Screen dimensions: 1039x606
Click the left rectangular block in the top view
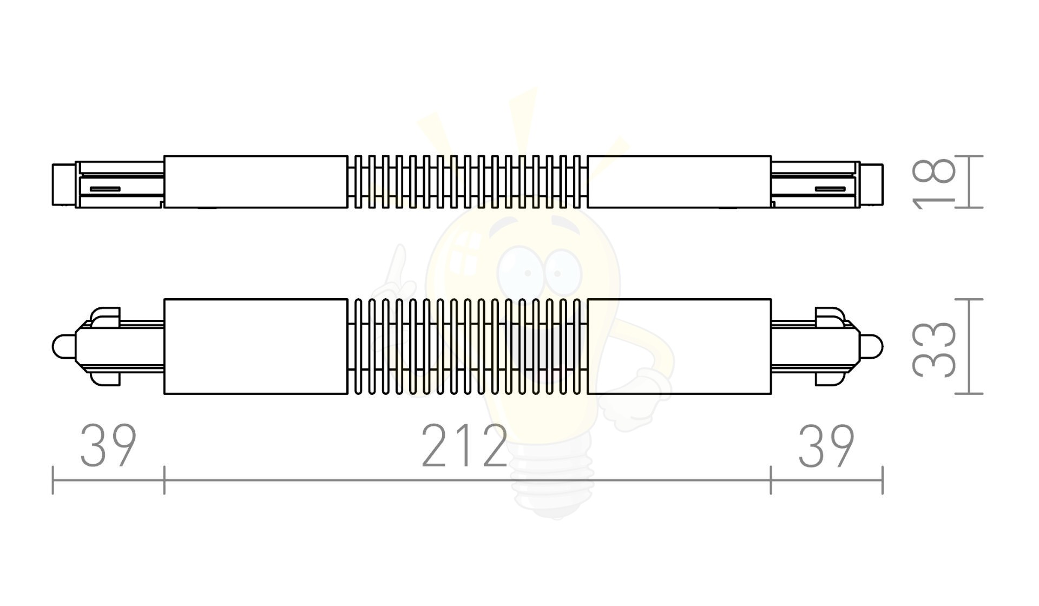coord(255,182)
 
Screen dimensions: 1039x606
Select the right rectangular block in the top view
coord(679,182)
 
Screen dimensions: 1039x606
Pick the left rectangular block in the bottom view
coord(255,346)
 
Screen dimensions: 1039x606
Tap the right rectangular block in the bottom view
coord(679,346)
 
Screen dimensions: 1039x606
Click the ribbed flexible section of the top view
coord(468,182)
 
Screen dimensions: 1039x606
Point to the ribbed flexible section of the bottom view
coord(468,346)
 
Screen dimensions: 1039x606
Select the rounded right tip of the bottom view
coord(872,346)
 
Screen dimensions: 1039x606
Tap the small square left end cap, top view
coord(63,185)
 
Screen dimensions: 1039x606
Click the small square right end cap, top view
coord(871,185)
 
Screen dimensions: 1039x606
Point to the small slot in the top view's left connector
coord(105,189)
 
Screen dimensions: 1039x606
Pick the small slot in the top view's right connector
coord(830,189)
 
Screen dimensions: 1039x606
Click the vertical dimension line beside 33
coord(968,346)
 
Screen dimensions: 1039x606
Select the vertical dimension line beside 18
coord(968,182)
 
